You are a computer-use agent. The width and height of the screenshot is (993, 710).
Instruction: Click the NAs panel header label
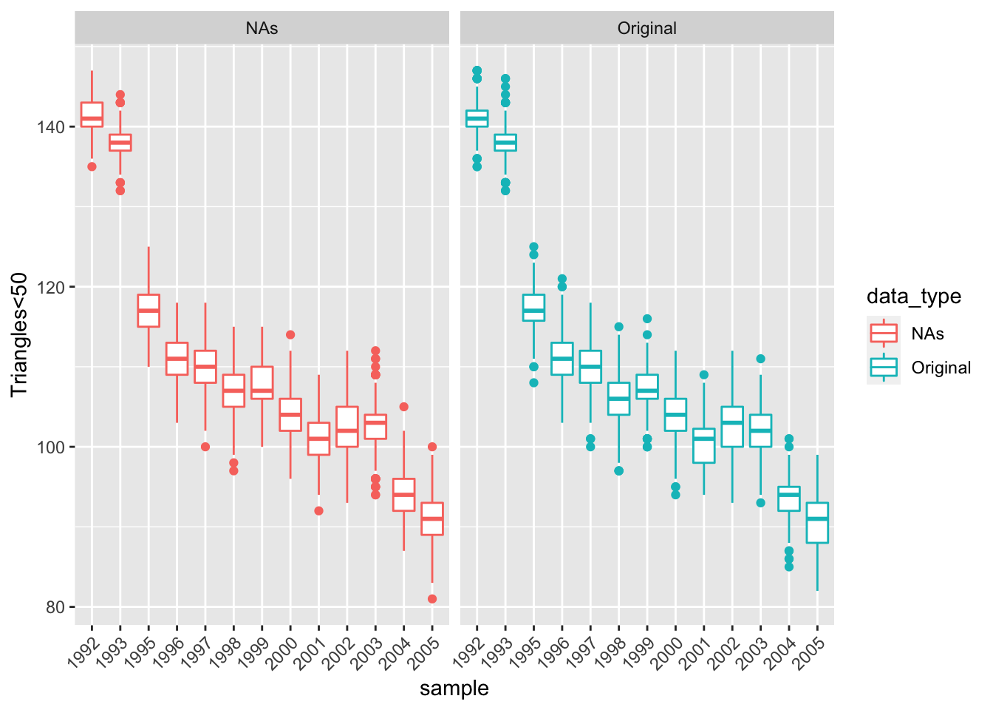262,28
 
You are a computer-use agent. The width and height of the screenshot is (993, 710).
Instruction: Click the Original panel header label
646,28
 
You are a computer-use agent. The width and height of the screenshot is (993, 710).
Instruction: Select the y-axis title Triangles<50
19,334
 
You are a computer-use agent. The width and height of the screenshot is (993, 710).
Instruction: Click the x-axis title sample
454,689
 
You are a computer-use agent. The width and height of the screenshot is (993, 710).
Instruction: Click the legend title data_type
914,297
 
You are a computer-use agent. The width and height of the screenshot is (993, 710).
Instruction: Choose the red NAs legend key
884,334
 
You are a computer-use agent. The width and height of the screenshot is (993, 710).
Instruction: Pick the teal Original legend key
884,368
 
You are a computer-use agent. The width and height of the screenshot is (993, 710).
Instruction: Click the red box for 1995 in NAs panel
149,310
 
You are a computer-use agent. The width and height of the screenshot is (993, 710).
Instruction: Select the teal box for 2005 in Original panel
817,522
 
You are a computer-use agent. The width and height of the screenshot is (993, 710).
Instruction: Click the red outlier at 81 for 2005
432,599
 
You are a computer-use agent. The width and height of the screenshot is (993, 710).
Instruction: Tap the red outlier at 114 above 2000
290,335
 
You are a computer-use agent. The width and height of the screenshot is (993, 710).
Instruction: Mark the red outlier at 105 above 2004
403,407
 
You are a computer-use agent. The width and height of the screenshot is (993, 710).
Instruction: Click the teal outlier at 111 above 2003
760,359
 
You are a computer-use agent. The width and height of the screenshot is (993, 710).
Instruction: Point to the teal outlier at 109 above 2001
704,375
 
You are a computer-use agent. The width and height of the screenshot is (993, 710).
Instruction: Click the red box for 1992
92,115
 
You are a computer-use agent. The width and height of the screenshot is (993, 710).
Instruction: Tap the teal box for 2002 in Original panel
732,427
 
